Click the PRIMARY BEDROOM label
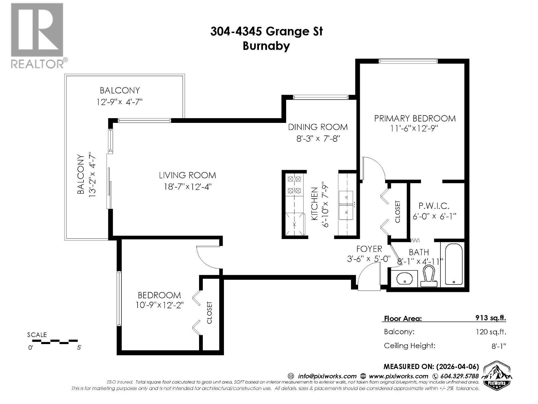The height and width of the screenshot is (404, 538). tap(415, 119)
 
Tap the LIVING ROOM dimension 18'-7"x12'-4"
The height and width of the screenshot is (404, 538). tap(188, 186)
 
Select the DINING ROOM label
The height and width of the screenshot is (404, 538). tap(318, 127)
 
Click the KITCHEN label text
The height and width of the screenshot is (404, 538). tap(314, 204)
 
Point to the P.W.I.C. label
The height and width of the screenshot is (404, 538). tap(434, 206)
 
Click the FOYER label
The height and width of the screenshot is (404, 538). tap(369, 249)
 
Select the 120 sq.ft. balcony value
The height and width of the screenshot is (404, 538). tap(491, 332)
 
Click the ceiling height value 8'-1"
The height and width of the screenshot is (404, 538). tap(498, 346)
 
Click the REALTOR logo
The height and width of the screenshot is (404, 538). tap(37, 35)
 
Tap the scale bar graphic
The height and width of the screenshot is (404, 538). tap(52, 341)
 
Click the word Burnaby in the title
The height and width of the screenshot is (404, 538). tap(266, 46)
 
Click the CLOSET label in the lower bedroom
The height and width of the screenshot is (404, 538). tap(209, 312)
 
